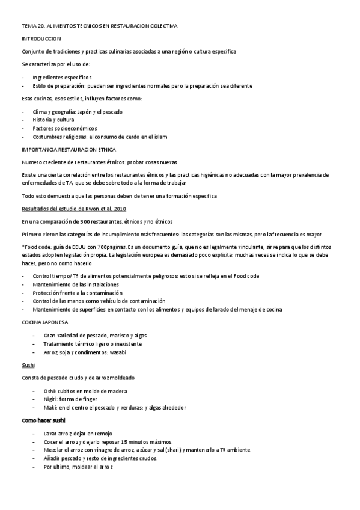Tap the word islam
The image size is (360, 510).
pyautogui.click(x=160, y=137)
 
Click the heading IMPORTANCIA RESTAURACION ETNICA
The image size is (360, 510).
pyautogui.click(x=69, y=149)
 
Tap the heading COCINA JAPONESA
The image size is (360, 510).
pyautogui.click(x=44, y=322)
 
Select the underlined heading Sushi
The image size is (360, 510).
pyautogui.click(x=28, y=364)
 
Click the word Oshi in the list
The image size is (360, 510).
pyautogui.click(x=50, y=390)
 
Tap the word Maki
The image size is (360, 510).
pyautogui.click(x=50, y=407)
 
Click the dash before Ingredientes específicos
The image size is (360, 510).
pyautogui.click(x=23, y=77)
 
